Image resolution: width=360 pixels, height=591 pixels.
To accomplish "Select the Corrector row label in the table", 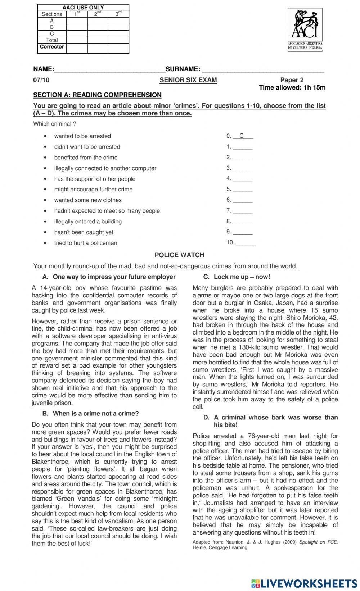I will pyautogui.click(x=52, y=47).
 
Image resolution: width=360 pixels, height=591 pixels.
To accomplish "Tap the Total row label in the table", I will pyautogui.click(x=52, y=40).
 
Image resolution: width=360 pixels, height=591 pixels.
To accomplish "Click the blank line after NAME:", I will pyautogui.click(x=109, y=69).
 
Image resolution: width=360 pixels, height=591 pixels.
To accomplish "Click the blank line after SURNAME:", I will pyautogui.click(x=263, y=69).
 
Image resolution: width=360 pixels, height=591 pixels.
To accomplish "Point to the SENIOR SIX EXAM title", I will pyautogui.click(x=188, y=80).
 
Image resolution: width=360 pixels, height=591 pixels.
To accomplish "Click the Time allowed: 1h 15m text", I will pyautogui.click(x=292, y=87).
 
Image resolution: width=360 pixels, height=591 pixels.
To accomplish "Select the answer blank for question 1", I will pyautogui.click(x=242, y=147).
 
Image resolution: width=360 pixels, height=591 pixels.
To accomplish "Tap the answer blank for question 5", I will pyautogui.click(x=242, y=190).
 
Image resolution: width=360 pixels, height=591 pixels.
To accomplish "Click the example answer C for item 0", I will pyautogui.click(x=242, y=136).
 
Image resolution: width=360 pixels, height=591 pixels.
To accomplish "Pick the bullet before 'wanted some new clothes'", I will pyautogui.click(x=45, y=200).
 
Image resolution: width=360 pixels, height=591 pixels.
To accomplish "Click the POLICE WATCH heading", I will pyautogui.click(x=179, y=255).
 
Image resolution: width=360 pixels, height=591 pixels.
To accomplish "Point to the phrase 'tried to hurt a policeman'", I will pyautogui.click(x=86, y=243).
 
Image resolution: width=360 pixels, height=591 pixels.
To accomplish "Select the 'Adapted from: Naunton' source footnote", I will pyautogui.click(x=265, y=545).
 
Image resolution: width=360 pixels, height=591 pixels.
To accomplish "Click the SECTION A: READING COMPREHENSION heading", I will pyautogui.click(x=97, y=95).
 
